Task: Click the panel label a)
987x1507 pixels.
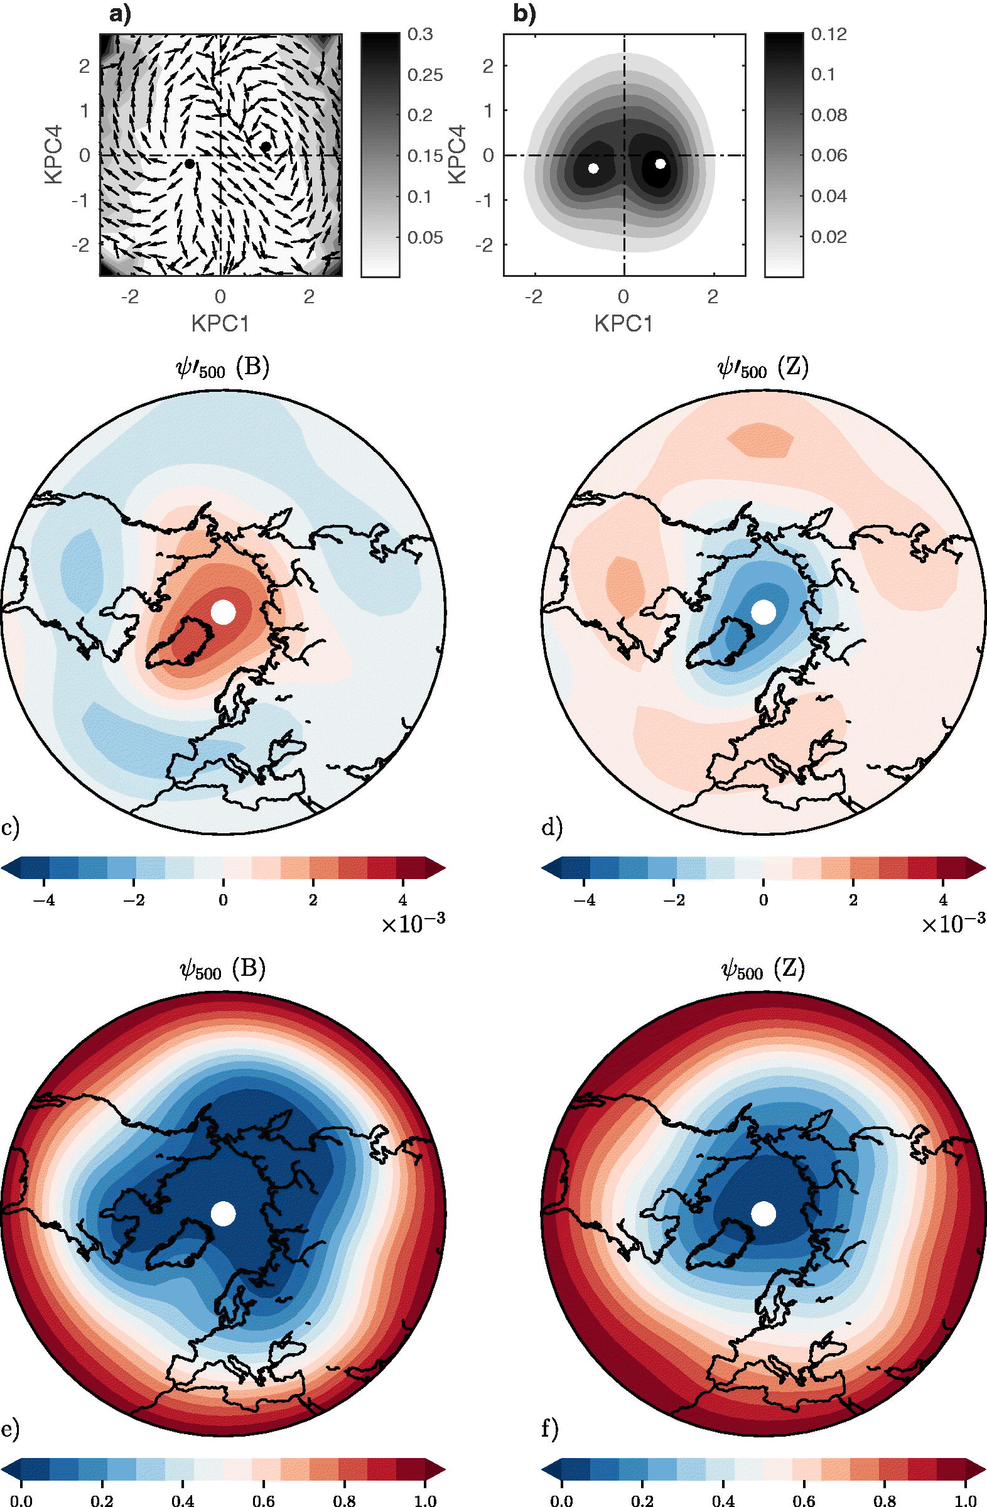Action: [120, 13]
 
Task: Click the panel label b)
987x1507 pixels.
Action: [524, 13]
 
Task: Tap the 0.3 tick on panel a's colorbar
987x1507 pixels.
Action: [421, 34]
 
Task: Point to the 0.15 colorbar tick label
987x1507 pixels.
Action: [426, 156]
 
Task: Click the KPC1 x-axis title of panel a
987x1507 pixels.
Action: [220, 324]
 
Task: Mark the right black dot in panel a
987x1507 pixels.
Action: [266, 146]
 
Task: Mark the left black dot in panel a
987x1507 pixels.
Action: [189, 164]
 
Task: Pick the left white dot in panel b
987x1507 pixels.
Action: [593, 168]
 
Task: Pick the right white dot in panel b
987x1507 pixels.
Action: [661, 163]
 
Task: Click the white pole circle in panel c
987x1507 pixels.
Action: [223, 612]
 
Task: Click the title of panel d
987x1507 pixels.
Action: [763, 369]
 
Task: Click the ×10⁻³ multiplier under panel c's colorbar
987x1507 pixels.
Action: [413, 924]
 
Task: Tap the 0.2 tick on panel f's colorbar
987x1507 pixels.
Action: [642, 1500]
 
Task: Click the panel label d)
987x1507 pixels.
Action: [552, 828]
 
